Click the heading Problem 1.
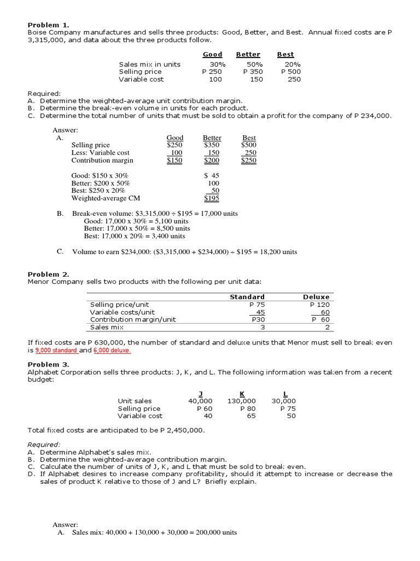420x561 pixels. [x=49, y=25]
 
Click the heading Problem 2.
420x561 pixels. [x=49, y=274]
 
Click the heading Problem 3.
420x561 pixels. [x=49, y=364]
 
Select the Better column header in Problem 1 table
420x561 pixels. [x=248, y=55]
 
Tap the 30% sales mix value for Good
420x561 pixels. [x=211, y=64]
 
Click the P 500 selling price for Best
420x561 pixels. [x=290, y=72]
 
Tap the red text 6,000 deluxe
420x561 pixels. [x=112, y=350]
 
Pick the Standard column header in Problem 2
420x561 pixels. [x=247, y=297]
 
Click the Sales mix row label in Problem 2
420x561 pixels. [x=107, y=327]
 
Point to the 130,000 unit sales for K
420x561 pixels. [x=241, y=401]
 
